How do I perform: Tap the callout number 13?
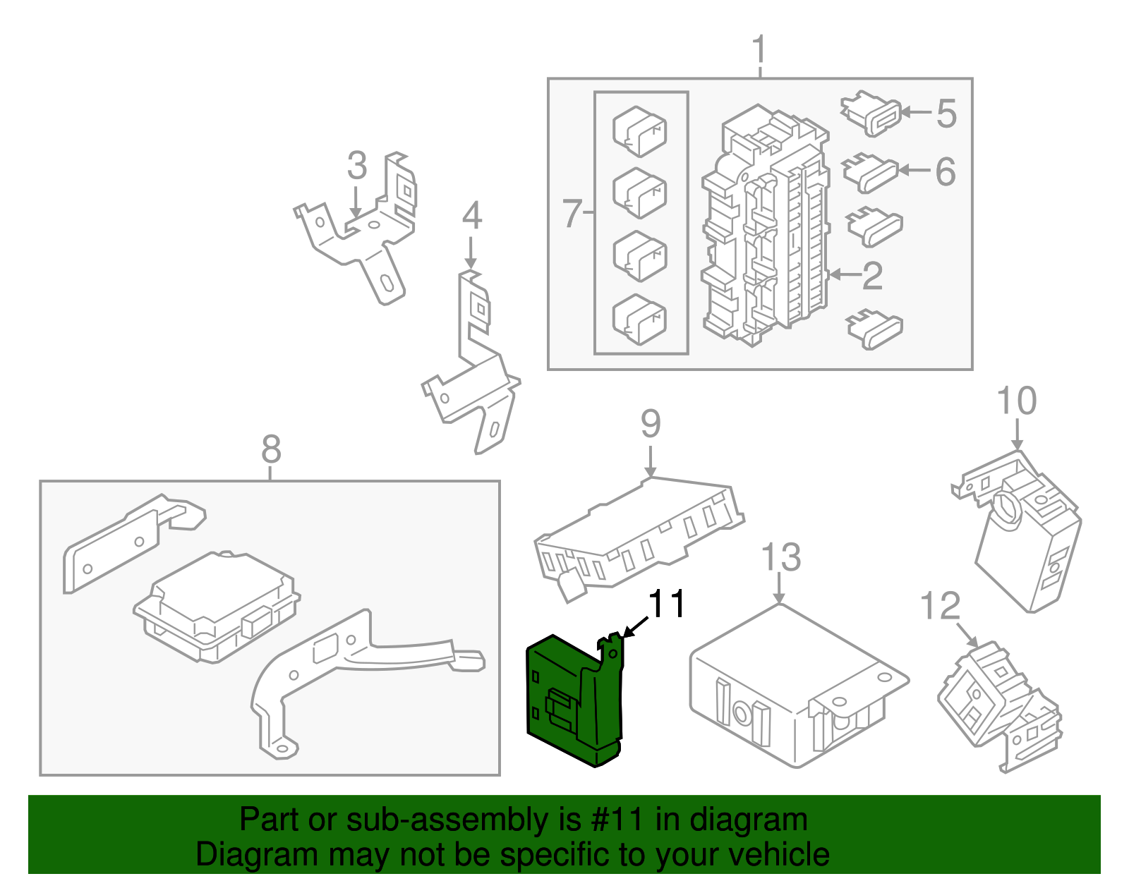781,557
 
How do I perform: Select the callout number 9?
651,424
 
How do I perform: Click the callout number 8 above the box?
271,449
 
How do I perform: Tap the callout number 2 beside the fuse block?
873,276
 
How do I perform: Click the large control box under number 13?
790,688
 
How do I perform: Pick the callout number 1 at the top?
759,51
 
